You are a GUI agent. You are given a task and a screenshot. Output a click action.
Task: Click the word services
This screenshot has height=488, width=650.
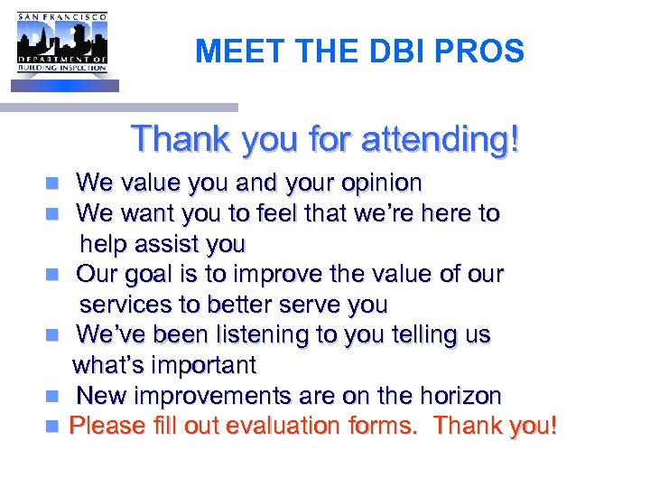(x=119, y=305)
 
